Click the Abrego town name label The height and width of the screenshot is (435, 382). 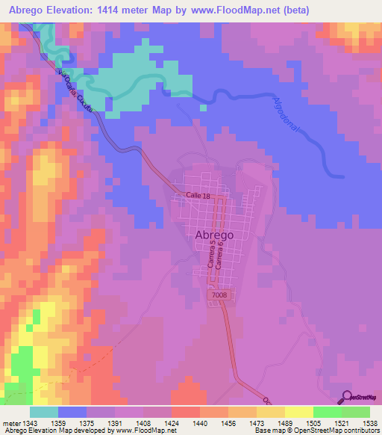[214, 234]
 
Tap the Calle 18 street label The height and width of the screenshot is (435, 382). [198, 196]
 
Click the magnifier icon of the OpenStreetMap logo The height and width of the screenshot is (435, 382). [347, 397]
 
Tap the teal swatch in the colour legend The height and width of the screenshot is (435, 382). [44, 412]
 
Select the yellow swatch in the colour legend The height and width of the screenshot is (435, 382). [299, 412]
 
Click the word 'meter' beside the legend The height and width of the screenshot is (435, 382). [10, 422]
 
